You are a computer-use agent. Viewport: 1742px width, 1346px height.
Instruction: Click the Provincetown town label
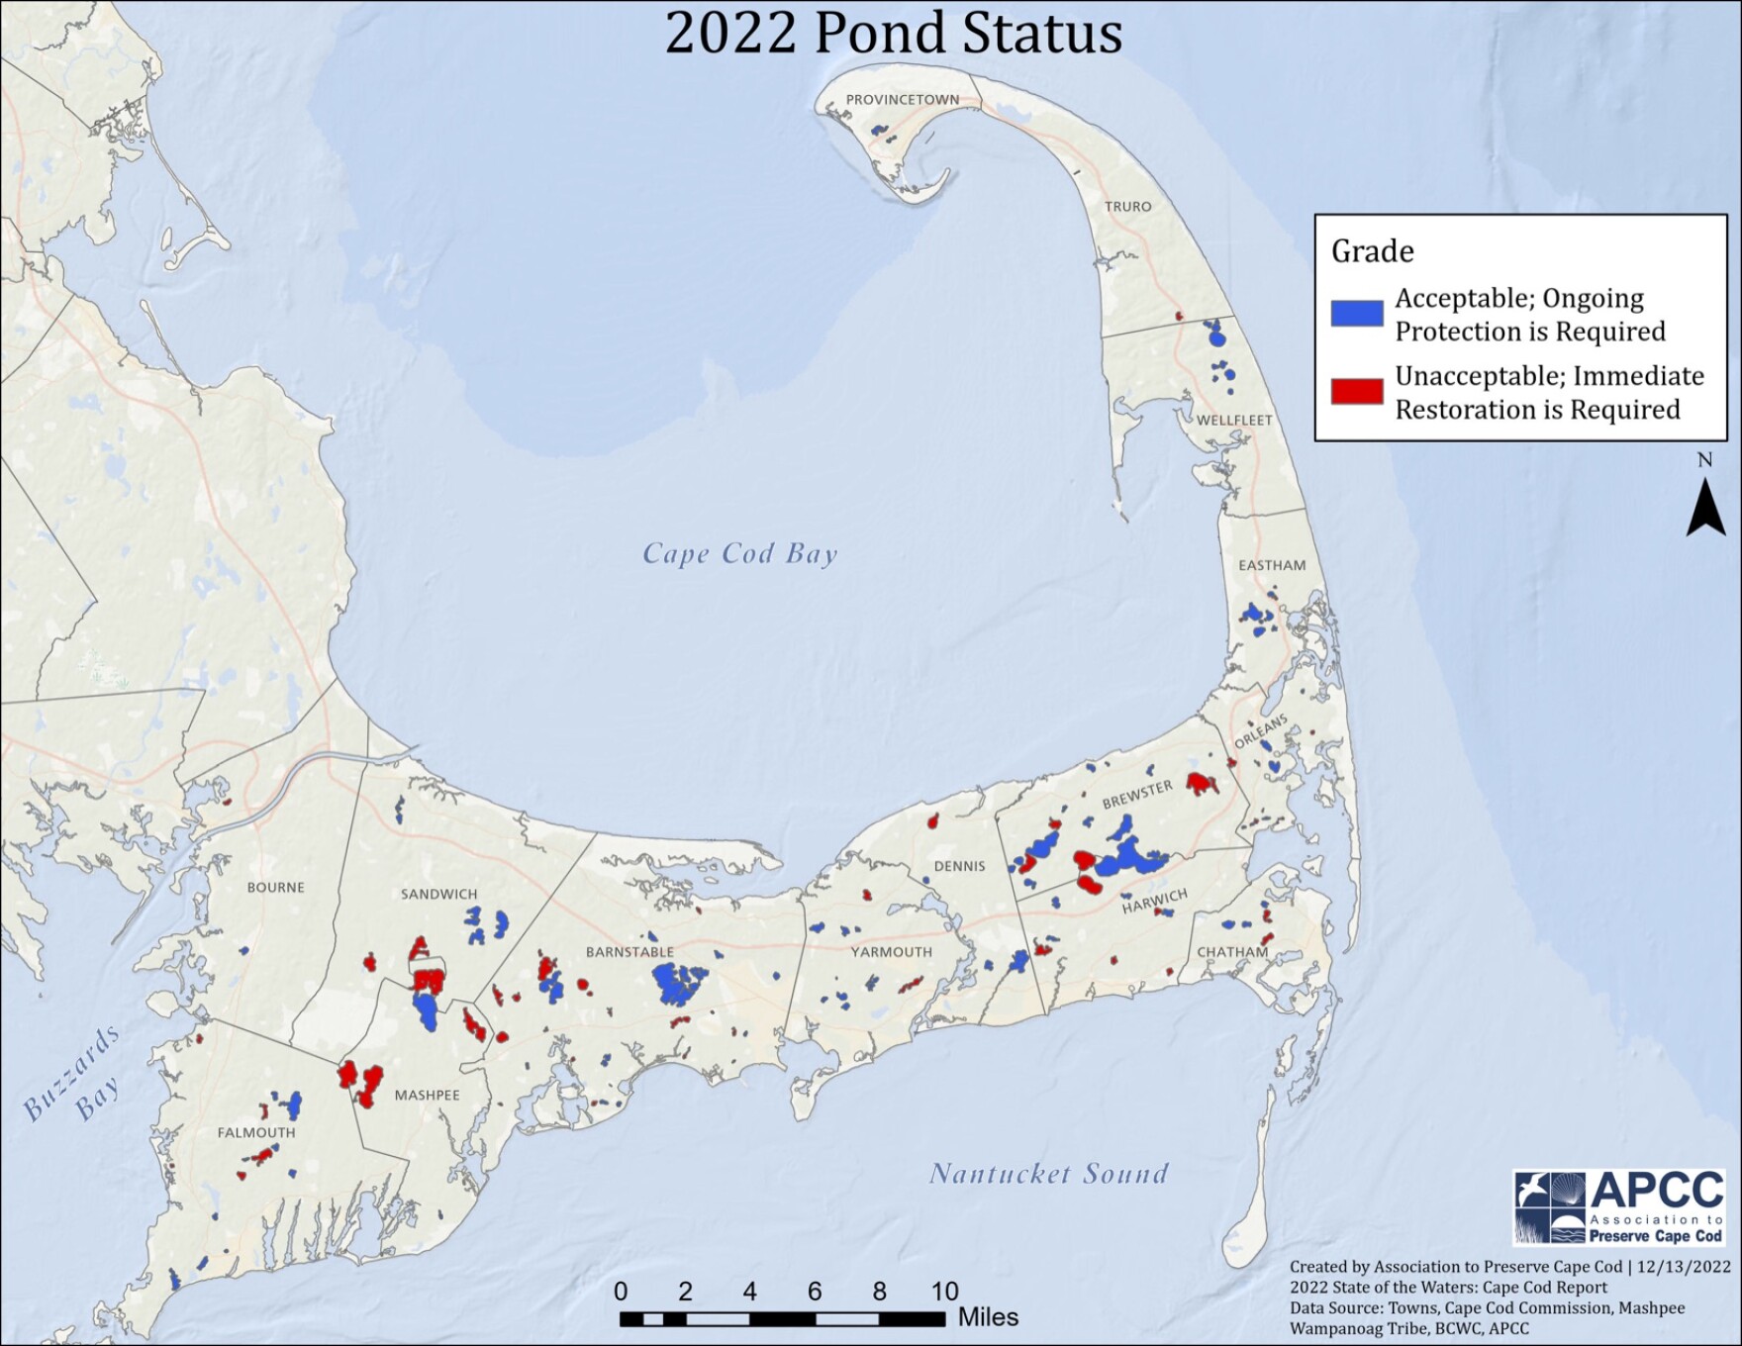tap(902, 100)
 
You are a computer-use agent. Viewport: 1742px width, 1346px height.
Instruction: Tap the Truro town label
tap(1128, 207)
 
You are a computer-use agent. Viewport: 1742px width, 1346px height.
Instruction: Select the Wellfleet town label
tap(1234, 420)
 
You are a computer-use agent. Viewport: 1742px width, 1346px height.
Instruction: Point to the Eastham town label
tap(1272, 565)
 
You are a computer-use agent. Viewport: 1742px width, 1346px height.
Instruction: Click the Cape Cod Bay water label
tap(740, 553)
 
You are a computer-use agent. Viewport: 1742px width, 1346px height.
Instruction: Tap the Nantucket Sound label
tap(1048, 1174)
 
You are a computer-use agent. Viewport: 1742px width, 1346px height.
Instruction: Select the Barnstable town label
tap(629, 952)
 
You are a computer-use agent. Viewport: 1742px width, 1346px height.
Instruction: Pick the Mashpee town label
tap(427, 1095)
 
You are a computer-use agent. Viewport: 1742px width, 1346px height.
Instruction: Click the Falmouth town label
tap(256, 1132)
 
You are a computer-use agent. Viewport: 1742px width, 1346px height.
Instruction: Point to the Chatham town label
tap(1232, 952)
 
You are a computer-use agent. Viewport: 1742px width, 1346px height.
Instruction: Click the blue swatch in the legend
tap(1356, 314)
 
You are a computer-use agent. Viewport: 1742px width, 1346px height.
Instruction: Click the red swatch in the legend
tap(1356, 392)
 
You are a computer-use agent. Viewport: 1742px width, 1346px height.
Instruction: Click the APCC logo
tap(1619, 1206)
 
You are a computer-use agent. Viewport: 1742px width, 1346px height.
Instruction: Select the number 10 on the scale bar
tap(944, 1291)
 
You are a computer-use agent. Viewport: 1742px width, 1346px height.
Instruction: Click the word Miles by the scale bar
tap(988, 1317)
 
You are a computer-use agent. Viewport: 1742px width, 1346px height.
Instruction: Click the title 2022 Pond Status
tap(893, 33)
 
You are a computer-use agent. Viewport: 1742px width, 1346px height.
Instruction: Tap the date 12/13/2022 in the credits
tap(1684, 1267)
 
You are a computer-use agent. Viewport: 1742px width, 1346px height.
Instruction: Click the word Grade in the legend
tap(1372, 251)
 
